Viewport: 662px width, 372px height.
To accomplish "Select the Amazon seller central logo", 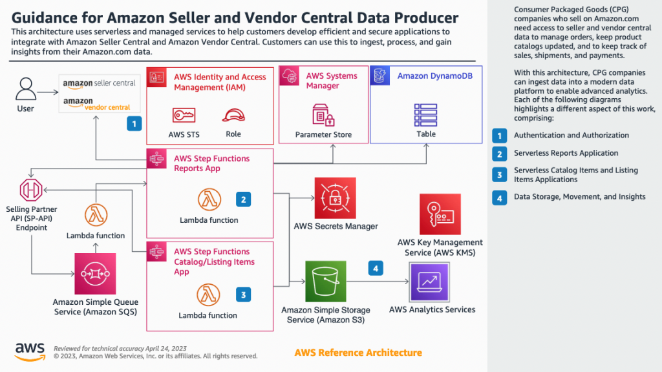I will (98, 83).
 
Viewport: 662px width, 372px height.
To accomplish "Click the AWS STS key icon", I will (184, 115).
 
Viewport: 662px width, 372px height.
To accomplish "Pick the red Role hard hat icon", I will (233, 115).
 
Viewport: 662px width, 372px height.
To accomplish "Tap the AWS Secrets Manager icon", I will (335, 198).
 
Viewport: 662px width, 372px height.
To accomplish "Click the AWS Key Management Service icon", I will (440, 214).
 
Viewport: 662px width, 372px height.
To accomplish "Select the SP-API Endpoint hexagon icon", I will (31, 190).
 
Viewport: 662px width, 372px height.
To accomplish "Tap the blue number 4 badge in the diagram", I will (376, 268).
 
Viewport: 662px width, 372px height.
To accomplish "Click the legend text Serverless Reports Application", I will (566, 153).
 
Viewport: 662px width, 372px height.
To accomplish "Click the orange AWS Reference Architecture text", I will (358, 353).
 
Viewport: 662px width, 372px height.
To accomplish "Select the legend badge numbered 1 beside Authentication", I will (499, 135).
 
